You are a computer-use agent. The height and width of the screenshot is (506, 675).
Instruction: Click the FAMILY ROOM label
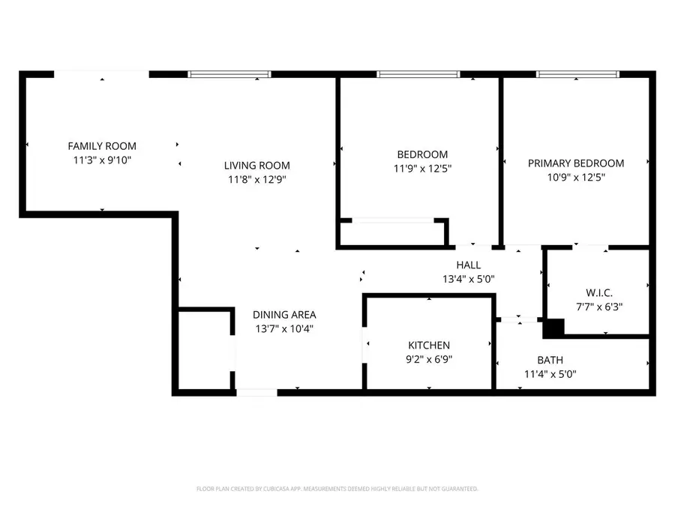point(102,146)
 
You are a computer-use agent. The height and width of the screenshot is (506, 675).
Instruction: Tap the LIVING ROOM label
point(256,166)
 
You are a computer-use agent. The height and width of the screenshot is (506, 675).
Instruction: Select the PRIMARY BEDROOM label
point(575,163)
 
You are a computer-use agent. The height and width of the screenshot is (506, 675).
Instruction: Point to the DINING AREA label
point(283,315)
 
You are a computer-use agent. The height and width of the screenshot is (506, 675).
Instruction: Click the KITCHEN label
point(428,346)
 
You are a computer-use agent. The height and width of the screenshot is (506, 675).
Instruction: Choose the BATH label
point(550,361)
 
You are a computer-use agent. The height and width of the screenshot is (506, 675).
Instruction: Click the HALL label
point(468,265)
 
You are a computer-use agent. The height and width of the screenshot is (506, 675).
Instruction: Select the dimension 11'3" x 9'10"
point(102,160)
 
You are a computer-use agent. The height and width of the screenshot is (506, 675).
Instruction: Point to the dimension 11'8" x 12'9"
point(256,179)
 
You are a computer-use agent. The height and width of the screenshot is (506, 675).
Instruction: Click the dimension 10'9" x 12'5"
point(575,177)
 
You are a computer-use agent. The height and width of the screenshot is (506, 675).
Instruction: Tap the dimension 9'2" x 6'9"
point(428,359)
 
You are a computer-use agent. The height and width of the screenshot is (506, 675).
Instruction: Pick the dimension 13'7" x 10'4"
point(283,328)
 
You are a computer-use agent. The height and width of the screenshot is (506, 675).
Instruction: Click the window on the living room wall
point(229,74)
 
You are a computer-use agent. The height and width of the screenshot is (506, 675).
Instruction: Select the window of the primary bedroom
point(577,74)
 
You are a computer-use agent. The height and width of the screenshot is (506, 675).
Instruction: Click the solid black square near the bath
point(553,328)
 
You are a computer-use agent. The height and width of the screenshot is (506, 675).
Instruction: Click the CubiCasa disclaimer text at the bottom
point(337,489)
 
